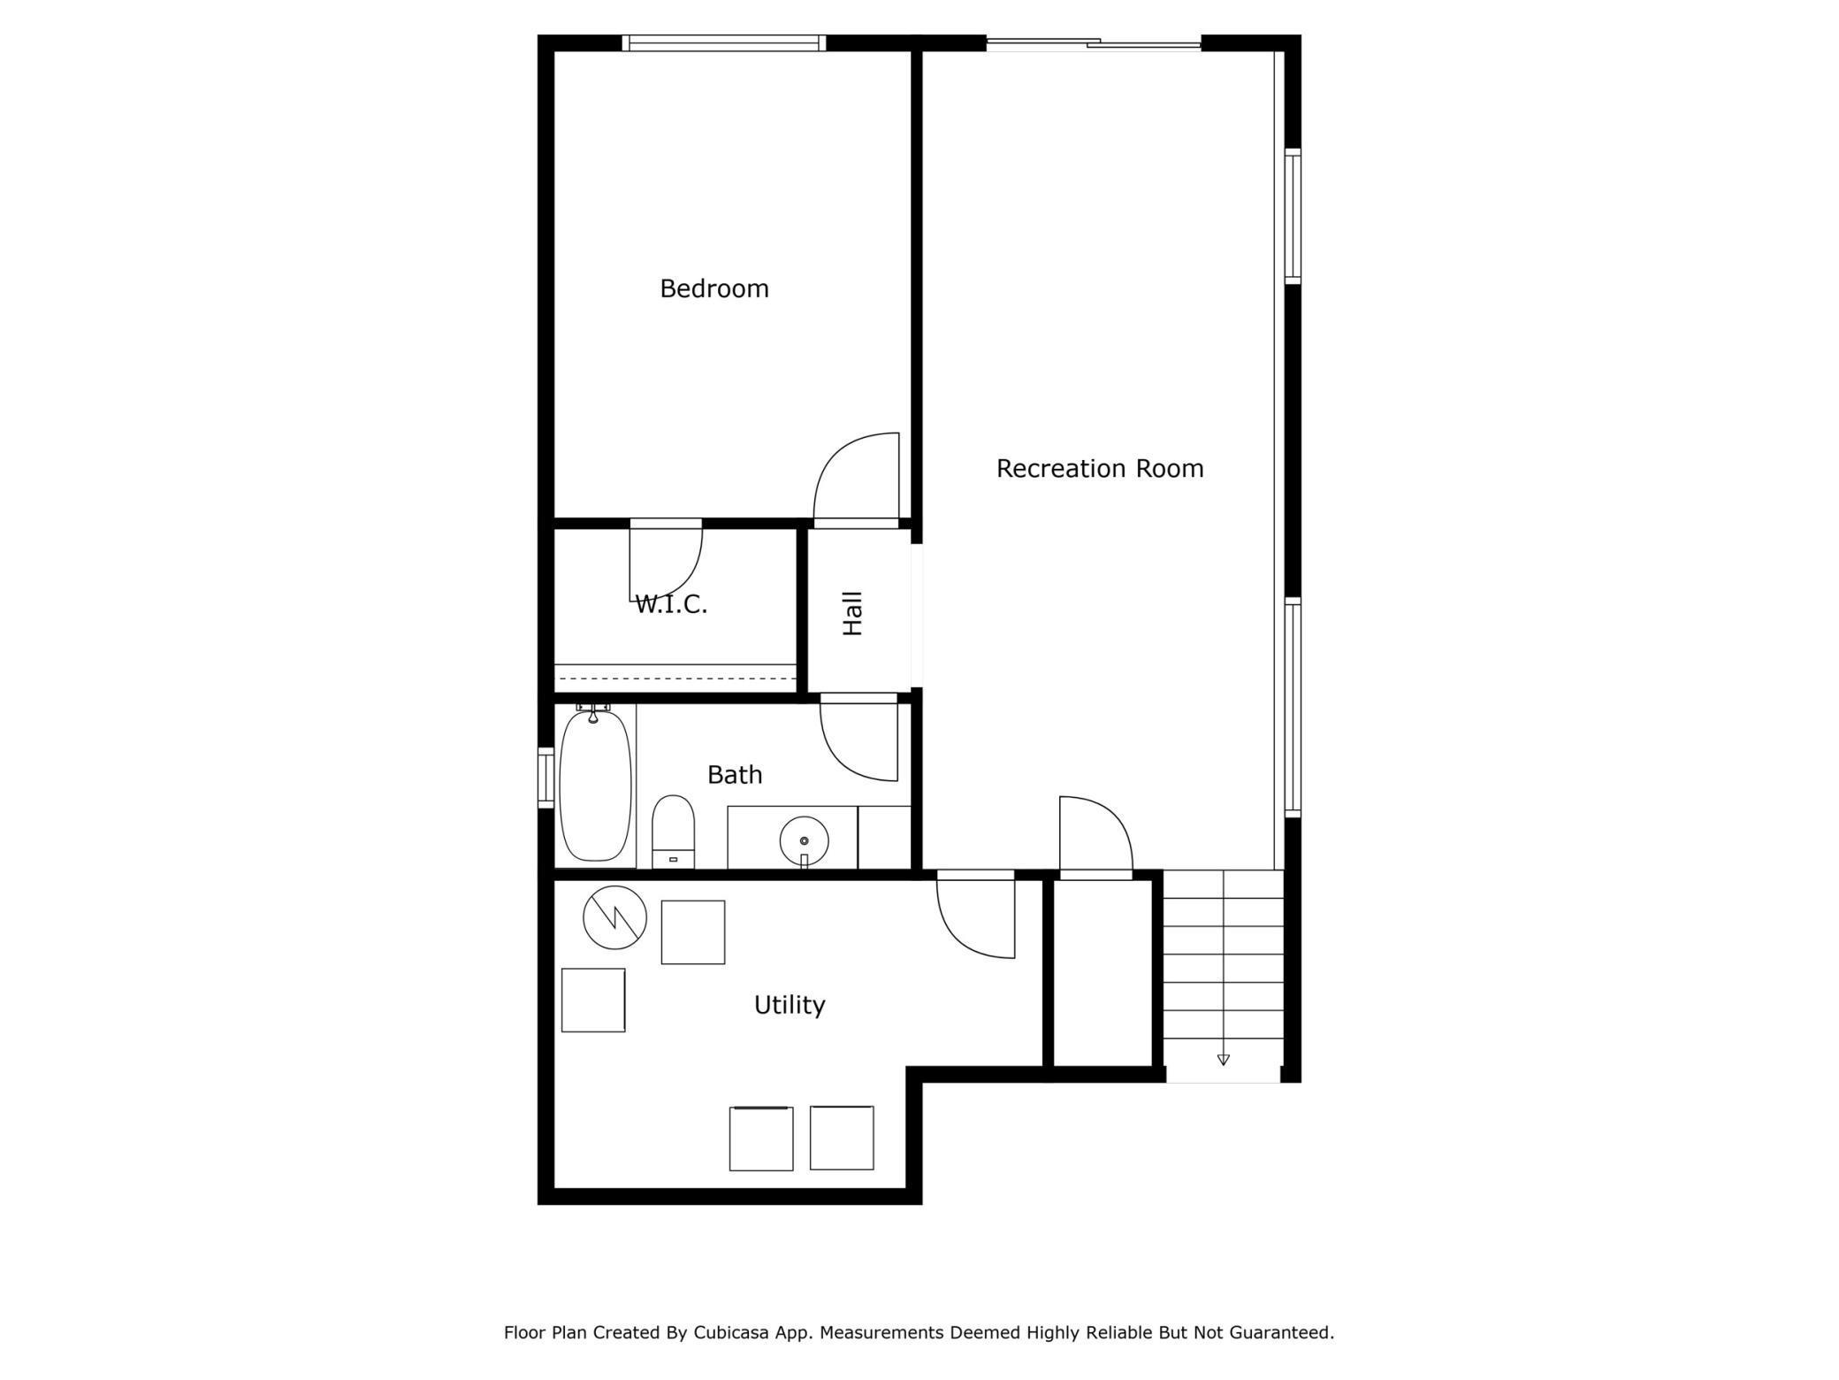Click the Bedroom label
(714, 288)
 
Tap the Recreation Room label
(1099, 468)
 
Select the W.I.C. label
(671, 605)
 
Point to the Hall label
(852, 613)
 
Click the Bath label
(734, 775)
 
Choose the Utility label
(789, 1005)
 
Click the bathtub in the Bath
(595, 786)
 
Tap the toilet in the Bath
(673, 831)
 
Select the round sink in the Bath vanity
(804, 840)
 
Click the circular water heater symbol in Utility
(614, 918)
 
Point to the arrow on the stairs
(1223, 1059)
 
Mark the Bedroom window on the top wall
(723, 42)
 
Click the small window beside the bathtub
(546, 778)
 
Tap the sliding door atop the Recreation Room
(1094, 42)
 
